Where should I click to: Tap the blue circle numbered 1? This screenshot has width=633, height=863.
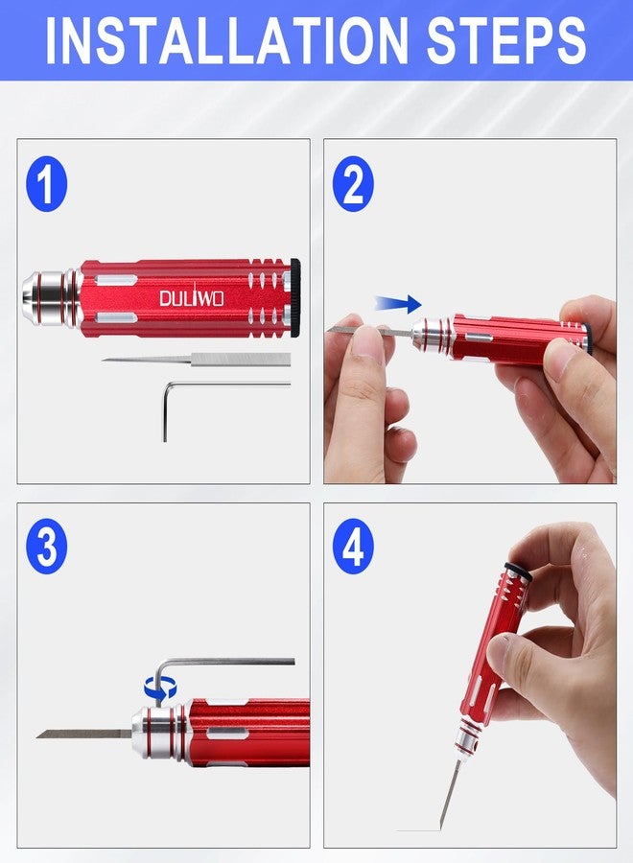click(47, 186)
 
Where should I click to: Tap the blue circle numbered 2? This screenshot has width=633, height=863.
click(353, 186)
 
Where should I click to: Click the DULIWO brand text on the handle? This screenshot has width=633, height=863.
click(191, 298)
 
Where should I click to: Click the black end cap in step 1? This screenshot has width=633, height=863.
click(295, 297)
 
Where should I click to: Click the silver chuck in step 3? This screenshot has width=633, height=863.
click(158, 734)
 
